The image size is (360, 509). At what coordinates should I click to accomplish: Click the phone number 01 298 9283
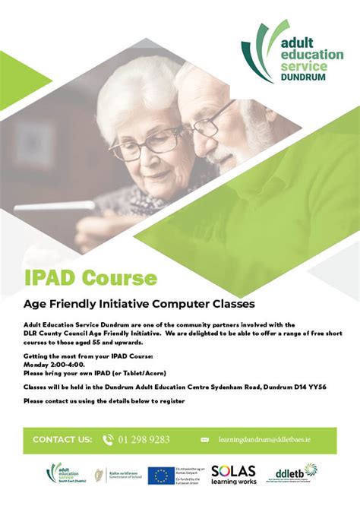(x=144, y=439)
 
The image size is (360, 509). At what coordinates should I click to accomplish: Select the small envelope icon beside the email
(x=204, y=440)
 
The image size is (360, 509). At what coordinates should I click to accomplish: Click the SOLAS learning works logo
(x=233, y=475)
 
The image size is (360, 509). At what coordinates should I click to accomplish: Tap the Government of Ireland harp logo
(x=96, y=475)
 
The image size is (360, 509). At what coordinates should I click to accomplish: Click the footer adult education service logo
(x=62, y=474)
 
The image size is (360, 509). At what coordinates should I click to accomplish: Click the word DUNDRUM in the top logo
(x=303, y=77)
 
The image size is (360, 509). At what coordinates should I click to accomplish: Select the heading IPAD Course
(x=90, y=277)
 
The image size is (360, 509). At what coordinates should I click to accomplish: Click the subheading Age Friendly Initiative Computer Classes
(x=137, y=305)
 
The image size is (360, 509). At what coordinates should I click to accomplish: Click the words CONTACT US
(x=62, y=440)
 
